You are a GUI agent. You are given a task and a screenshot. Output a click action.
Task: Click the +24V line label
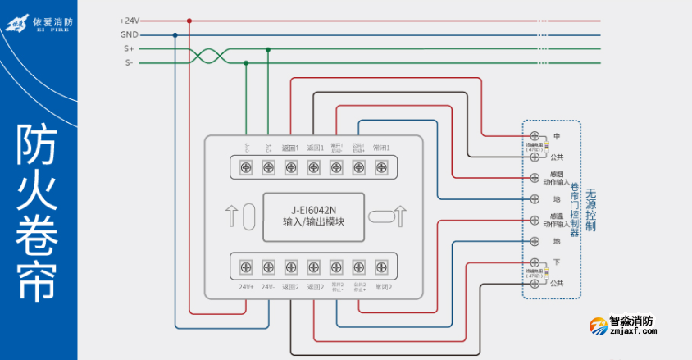point(129,21)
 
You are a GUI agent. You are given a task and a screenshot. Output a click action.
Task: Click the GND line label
point(129,34)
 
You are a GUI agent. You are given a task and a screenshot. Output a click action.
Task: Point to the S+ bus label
point(129,48)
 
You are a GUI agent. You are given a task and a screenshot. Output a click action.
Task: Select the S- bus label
point(129,62)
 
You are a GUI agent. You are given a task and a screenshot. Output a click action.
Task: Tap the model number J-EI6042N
point(314,209)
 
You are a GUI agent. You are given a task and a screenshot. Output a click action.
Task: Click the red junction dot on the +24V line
point(189,21)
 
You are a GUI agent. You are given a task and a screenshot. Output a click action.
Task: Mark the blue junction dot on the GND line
point(175,34)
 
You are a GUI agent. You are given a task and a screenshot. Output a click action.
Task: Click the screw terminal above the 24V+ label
point(245,267)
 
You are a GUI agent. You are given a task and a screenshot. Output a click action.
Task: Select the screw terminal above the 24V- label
point(267,267)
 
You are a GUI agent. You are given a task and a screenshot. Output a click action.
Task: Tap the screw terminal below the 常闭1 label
point(380,166)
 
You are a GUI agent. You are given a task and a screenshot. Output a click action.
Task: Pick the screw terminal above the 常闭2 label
point(380,267)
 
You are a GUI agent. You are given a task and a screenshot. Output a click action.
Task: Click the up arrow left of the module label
point(233,217)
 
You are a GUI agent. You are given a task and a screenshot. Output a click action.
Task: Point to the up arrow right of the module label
point(401,217)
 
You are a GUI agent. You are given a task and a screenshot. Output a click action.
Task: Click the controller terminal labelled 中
point(535,135)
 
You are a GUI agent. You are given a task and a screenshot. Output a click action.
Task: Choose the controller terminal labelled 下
point(535,262)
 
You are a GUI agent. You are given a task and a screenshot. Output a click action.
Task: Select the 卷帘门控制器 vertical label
point(574,209)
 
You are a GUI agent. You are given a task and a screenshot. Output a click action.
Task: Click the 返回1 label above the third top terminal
point(290,148)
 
